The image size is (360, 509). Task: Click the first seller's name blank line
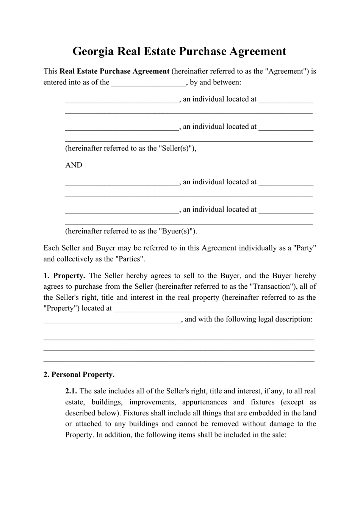[x=122, y=100]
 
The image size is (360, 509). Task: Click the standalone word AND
[x=74, y=165]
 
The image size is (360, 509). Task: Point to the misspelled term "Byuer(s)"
[x=177, y=231]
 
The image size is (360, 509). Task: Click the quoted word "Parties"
[x=131, y=259]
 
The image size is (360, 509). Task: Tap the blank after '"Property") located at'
[x=214, y=309]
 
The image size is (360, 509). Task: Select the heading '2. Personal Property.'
[x=79, y=375]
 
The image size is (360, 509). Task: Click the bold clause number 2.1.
[x=71, y=391]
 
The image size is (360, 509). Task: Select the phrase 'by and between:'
[x=215, y=83]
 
